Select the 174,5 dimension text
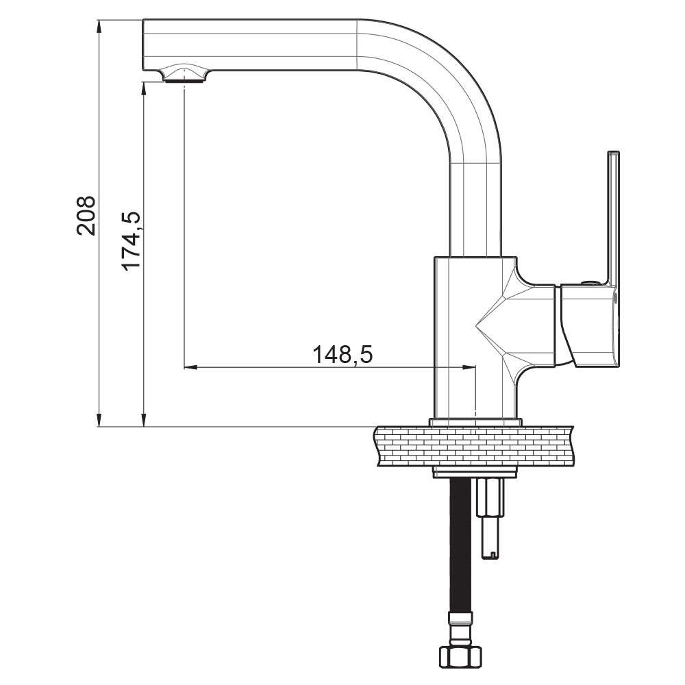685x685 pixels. coord(131,240)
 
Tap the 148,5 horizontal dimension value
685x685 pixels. coord(342,354)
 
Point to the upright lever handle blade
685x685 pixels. coord(613,219)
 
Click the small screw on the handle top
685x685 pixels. coord(590,283)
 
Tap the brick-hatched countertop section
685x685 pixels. coord(473,446)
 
